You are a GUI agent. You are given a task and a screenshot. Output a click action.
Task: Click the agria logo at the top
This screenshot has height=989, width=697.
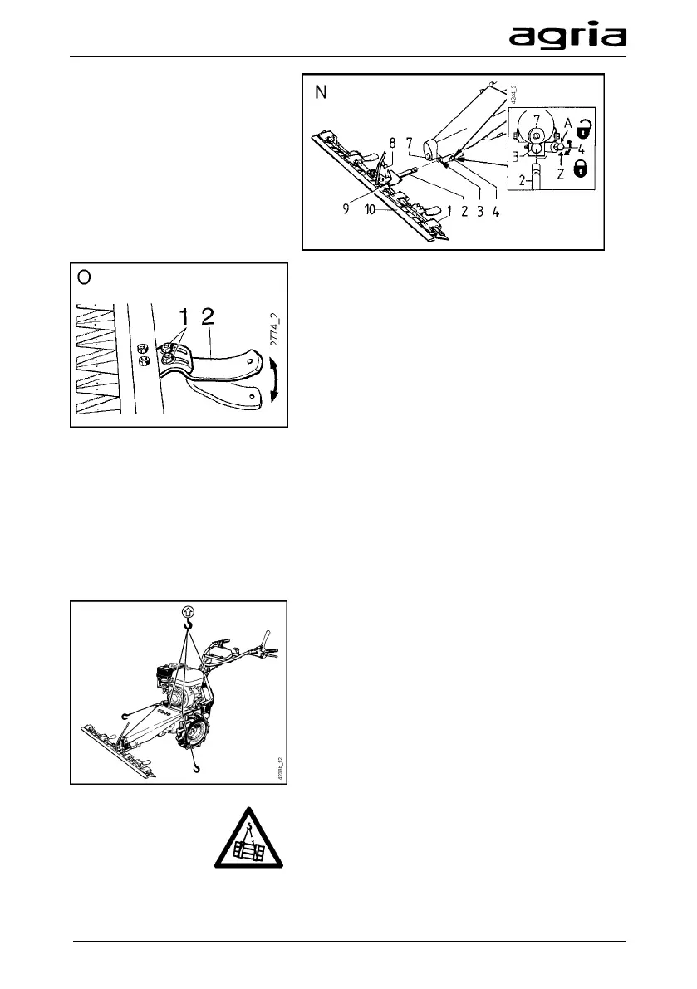point(567,37)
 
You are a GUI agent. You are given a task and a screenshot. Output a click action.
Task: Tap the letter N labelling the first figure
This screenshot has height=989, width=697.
point(317,93)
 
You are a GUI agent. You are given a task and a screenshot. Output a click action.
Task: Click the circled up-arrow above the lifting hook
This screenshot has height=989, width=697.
point(189,613)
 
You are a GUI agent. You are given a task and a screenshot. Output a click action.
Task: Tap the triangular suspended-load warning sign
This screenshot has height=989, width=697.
point(255,844)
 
